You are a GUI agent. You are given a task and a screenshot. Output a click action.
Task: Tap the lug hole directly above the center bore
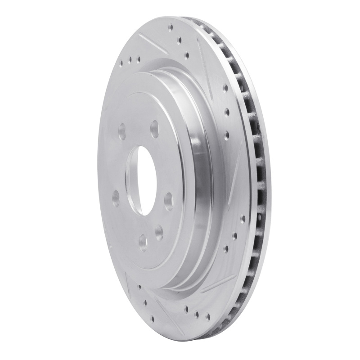[155, 126]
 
